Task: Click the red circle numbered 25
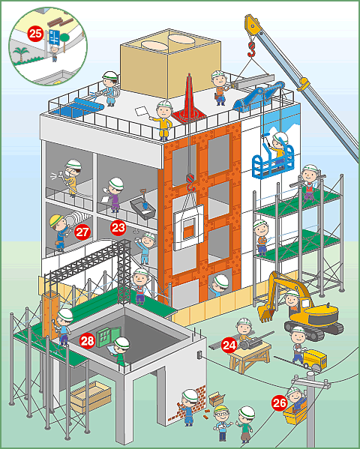[x=35, y=34]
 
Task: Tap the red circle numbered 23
[x=118, y=228]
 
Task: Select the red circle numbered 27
[x=82, y=232]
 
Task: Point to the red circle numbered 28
[x=87, y=340]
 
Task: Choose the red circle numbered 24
[x=229, y=346]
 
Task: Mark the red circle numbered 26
[x=280, y=403]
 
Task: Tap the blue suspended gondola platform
[x=273, y=162]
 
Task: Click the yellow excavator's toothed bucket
[x=266, y=313]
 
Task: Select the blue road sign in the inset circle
[x=54, y=37]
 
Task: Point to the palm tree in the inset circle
[x=22, y=55]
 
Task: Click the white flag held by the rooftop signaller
[x=141, y=111]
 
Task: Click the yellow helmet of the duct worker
[x=56, y=220]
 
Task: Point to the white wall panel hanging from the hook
[x=188, y=228]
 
